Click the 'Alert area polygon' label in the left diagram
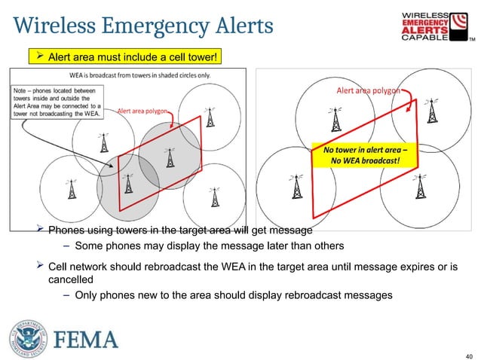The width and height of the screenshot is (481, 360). [142, 111]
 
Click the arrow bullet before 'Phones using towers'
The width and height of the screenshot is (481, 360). [42, 230]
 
